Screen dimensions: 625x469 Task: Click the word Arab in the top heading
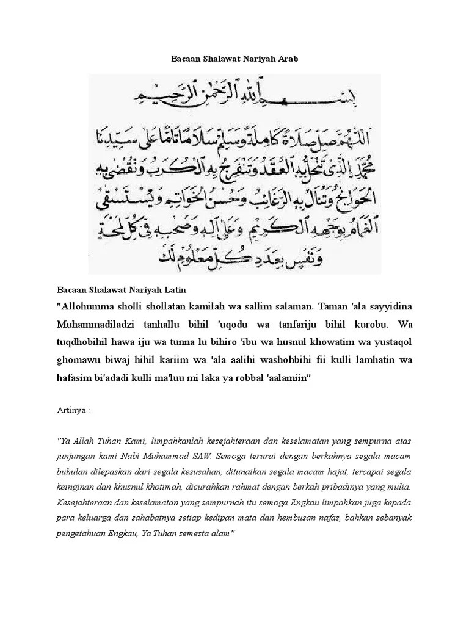tap(286, 59)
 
